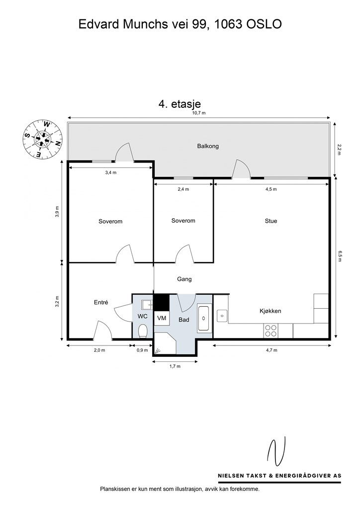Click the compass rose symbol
click(x=42, y=139)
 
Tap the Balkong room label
click(x=207, y=146)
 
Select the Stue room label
click(x=271, y=221)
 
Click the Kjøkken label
click(x=270, y=311)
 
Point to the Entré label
click(x=101, y=302)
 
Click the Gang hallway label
click(x=184, y=279)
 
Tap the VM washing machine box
click(x=162, y=318)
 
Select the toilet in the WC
click(x=143, y=330)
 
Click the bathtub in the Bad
click(x=204, y=319)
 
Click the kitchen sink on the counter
click(x=222, y=314)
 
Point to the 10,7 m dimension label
click(x=199, y=113)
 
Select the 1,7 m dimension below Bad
click(x=175, y=366)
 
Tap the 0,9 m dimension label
click(x=142, y=350)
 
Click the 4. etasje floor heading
click(x=179, y=104)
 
